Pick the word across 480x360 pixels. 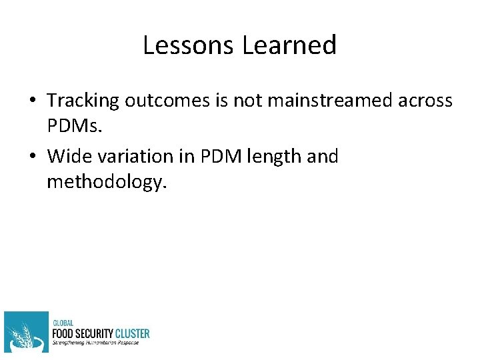pyautogui.click(x=424, y=101)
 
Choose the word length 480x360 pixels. pyautogui.click(x=271, y=157)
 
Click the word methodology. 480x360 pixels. pyautogui.click(x=105, y=182)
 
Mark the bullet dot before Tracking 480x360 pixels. pyautogui.click(x=32, y=101)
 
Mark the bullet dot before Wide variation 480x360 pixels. pyautogui.click(x=32, y=157)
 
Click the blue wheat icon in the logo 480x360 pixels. pyautogui.click(x=26, y=331)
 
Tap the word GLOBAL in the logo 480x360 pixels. pyautogui.click(x=63, y=323)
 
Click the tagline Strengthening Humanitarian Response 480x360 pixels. pyautogui.click(x=96, y=343)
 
